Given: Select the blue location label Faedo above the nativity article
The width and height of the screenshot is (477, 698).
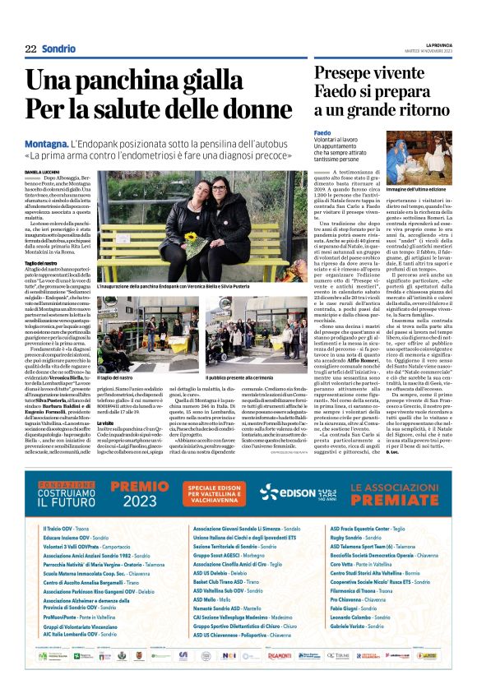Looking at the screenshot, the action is point(322,132).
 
